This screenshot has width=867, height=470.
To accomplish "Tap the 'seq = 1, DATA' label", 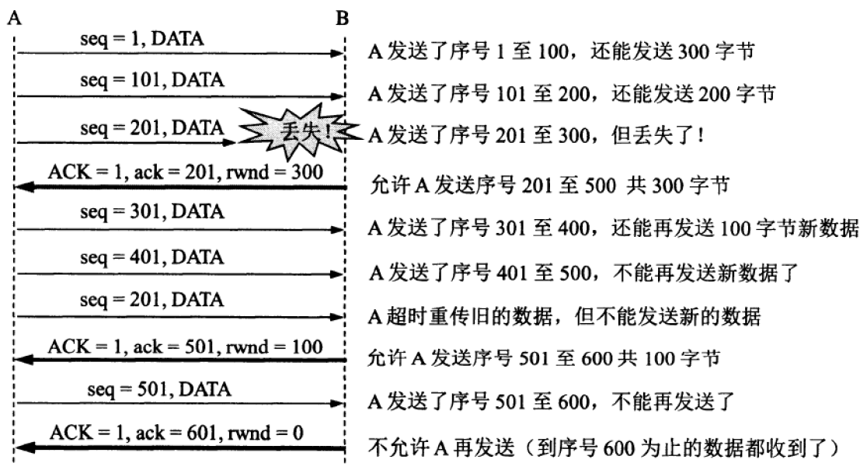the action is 143,38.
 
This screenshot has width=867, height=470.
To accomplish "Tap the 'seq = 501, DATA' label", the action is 168,388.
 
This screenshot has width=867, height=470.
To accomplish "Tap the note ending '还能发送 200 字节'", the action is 571,96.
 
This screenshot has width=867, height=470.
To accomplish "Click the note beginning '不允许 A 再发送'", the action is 614,448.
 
